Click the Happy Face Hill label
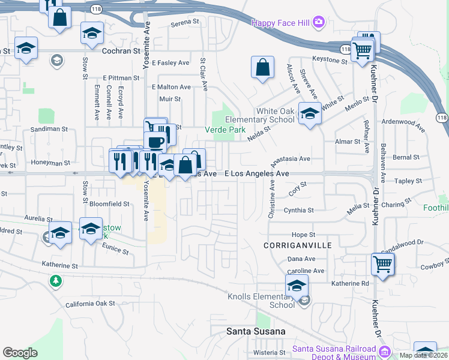[280, 23]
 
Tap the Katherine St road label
[59, 265]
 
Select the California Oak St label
[90, 304]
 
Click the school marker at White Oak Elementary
[310, 113]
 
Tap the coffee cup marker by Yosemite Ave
[155, 142]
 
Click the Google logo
[20, 353]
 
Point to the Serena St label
[185, 23]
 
